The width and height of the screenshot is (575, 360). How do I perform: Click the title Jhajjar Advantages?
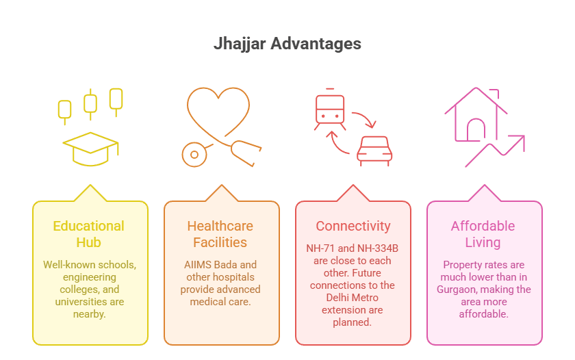coord(287,44)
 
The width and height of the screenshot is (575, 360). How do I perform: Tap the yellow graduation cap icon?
coord(90,149)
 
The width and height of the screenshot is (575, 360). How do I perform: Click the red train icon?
coord(330,110)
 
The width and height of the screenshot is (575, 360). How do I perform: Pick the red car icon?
coord(374,151)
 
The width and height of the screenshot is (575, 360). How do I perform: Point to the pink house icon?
coord(476,114)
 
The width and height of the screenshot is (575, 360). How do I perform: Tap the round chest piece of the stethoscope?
coord(194,155)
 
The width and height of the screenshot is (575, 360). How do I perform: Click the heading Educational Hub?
coord(89,234)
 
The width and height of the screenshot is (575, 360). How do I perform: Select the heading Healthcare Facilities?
coord(220,234)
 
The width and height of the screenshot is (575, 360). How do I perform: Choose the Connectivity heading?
coord(353,226)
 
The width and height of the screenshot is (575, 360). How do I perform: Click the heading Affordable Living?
coord(483,234)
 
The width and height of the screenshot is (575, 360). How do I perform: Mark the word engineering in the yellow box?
coord(90,277)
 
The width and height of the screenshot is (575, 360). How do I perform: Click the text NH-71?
coord(320,248)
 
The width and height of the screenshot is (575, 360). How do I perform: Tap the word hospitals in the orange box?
coord(235,277)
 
